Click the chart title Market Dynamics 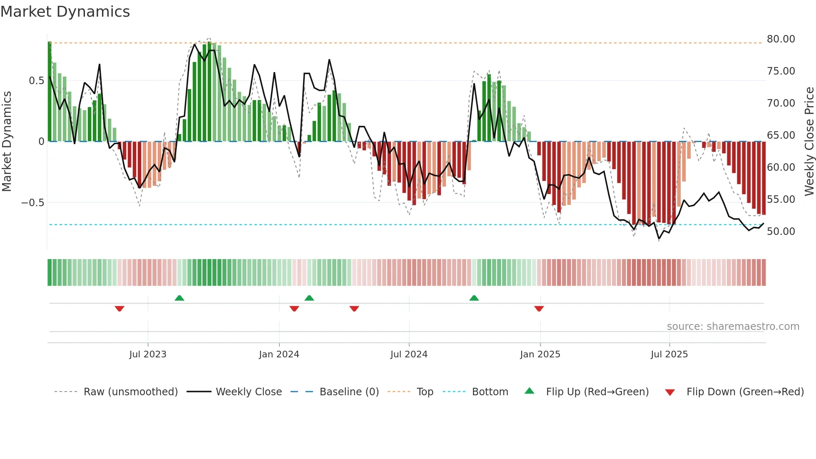pyautogui.click(x=65, y=12)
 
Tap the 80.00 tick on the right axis pyautogui.click(x=781, y=39)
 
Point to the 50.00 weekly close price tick pyautogui.click(x=781, y=232)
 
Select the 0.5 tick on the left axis pyautogui.click(x=36, y=81)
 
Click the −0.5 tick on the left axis pyautogui.click(x=33, y=203)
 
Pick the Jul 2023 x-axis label pyautogui.click(x=148, y=354)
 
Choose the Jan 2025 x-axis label pyautogui.click(x=540, y=354)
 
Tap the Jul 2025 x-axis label pyautogui.click(x=669, y=354)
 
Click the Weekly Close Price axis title pyautogui.click(x=809, y=142)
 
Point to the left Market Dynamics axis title pyautogui.click(x=7, y=142)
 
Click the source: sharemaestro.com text pyautogui.click(x=733, y=327)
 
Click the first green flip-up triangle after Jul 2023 pyautogui.click(x=179, y=298)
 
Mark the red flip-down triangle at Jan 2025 pyautogui.click(x=539, y=309)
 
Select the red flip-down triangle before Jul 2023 pyautogui.click(x=119, y=309)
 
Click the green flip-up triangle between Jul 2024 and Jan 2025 pyautogui.click(x=474, y=298)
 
